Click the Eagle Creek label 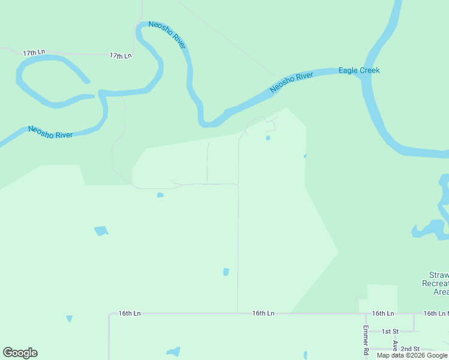point(359,70)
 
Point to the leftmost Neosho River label point(50,132)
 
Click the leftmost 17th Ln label point(34,53)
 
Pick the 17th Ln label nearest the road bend point(121,56)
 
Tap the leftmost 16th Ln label point(129,313)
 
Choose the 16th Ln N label point(436,313)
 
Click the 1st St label point(391,331)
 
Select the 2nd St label point(410,349)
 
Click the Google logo point(20,353)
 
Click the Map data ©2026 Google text point(412,355)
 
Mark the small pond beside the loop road point(268,138)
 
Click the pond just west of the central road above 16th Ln point(226,272)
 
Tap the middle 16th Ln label point(263,313)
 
